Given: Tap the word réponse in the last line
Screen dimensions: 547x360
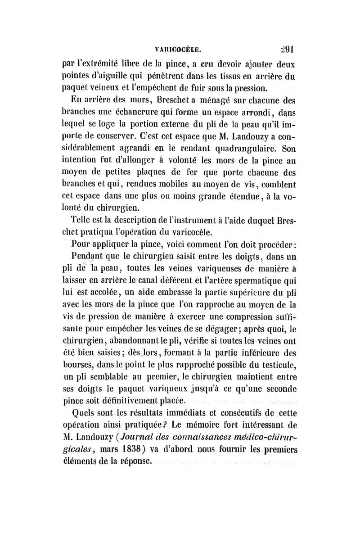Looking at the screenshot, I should [133, 461].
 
